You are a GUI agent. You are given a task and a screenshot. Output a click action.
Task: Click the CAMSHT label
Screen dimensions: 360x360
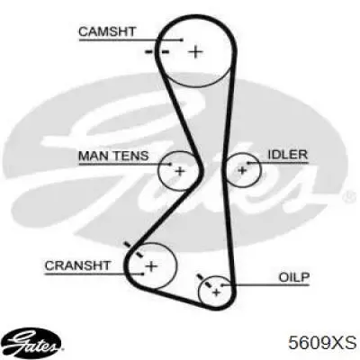[107, 31]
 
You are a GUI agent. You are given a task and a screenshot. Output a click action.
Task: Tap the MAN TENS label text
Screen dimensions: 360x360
[113, 156]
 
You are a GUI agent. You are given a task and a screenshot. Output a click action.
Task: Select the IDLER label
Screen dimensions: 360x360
[288, 155]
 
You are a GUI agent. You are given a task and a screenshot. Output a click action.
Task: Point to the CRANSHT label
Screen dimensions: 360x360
[77, 265]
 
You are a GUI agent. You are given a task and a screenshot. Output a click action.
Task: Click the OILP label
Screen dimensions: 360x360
[294, 277]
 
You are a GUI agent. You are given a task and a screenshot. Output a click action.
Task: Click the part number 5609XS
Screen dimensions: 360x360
[322, 343]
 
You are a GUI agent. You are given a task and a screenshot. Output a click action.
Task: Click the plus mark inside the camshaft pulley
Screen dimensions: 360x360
[195, 52]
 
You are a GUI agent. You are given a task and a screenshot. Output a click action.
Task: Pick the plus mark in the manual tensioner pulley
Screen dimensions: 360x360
[180, 171]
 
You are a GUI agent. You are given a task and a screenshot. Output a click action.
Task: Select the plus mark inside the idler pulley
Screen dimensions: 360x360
[242, 170]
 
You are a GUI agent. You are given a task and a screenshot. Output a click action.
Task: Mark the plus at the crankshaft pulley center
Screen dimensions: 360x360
[151, 265]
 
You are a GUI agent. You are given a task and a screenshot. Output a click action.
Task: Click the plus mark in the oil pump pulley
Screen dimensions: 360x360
[216, 292]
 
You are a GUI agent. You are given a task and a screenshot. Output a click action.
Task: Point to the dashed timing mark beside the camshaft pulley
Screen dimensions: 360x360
[157, 52]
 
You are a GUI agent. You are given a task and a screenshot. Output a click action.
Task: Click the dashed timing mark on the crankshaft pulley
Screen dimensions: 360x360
[133, 249]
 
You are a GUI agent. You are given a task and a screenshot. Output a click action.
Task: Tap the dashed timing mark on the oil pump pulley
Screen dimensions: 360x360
[203, 281]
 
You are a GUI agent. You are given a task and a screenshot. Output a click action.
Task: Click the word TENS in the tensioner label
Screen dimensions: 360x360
[131, 156]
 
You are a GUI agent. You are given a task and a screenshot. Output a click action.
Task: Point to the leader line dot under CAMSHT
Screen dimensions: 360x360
[182, 40]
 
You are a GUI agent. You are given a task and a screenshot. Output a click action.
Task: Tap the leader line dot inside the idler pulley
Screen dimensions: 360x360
[247, 163]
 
